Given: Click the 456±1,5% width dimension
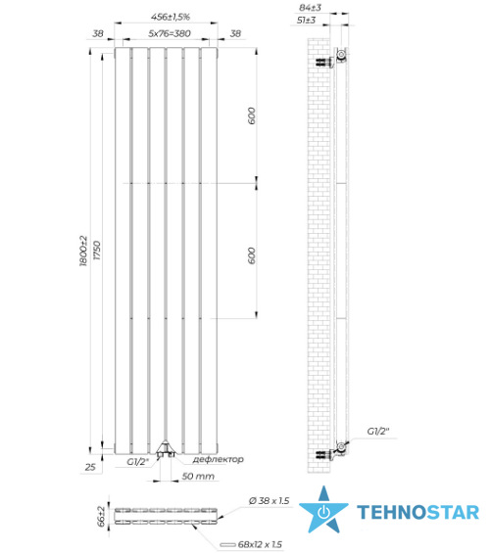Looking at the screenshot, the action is point(171,17).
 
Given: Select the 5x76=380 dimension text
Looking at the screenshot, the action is point(170,33).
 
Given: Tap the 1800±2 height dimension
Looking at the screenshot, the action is point(83,251).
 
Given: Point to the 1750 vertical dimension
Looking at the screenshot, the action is point(97,251).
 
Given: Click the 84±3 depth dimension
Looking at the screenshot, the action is point(310,8).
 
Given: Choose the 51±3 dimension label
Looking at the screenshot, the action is point(306,21).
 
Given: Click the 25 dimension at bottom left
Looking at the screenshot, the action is point(90,467).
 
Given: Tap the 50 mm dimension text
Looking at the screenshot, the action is point(198,476).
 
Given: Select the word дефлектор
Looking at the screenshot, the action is point(218,459).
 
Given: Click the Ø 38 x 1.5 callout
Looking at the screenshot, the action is point(269,500).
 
